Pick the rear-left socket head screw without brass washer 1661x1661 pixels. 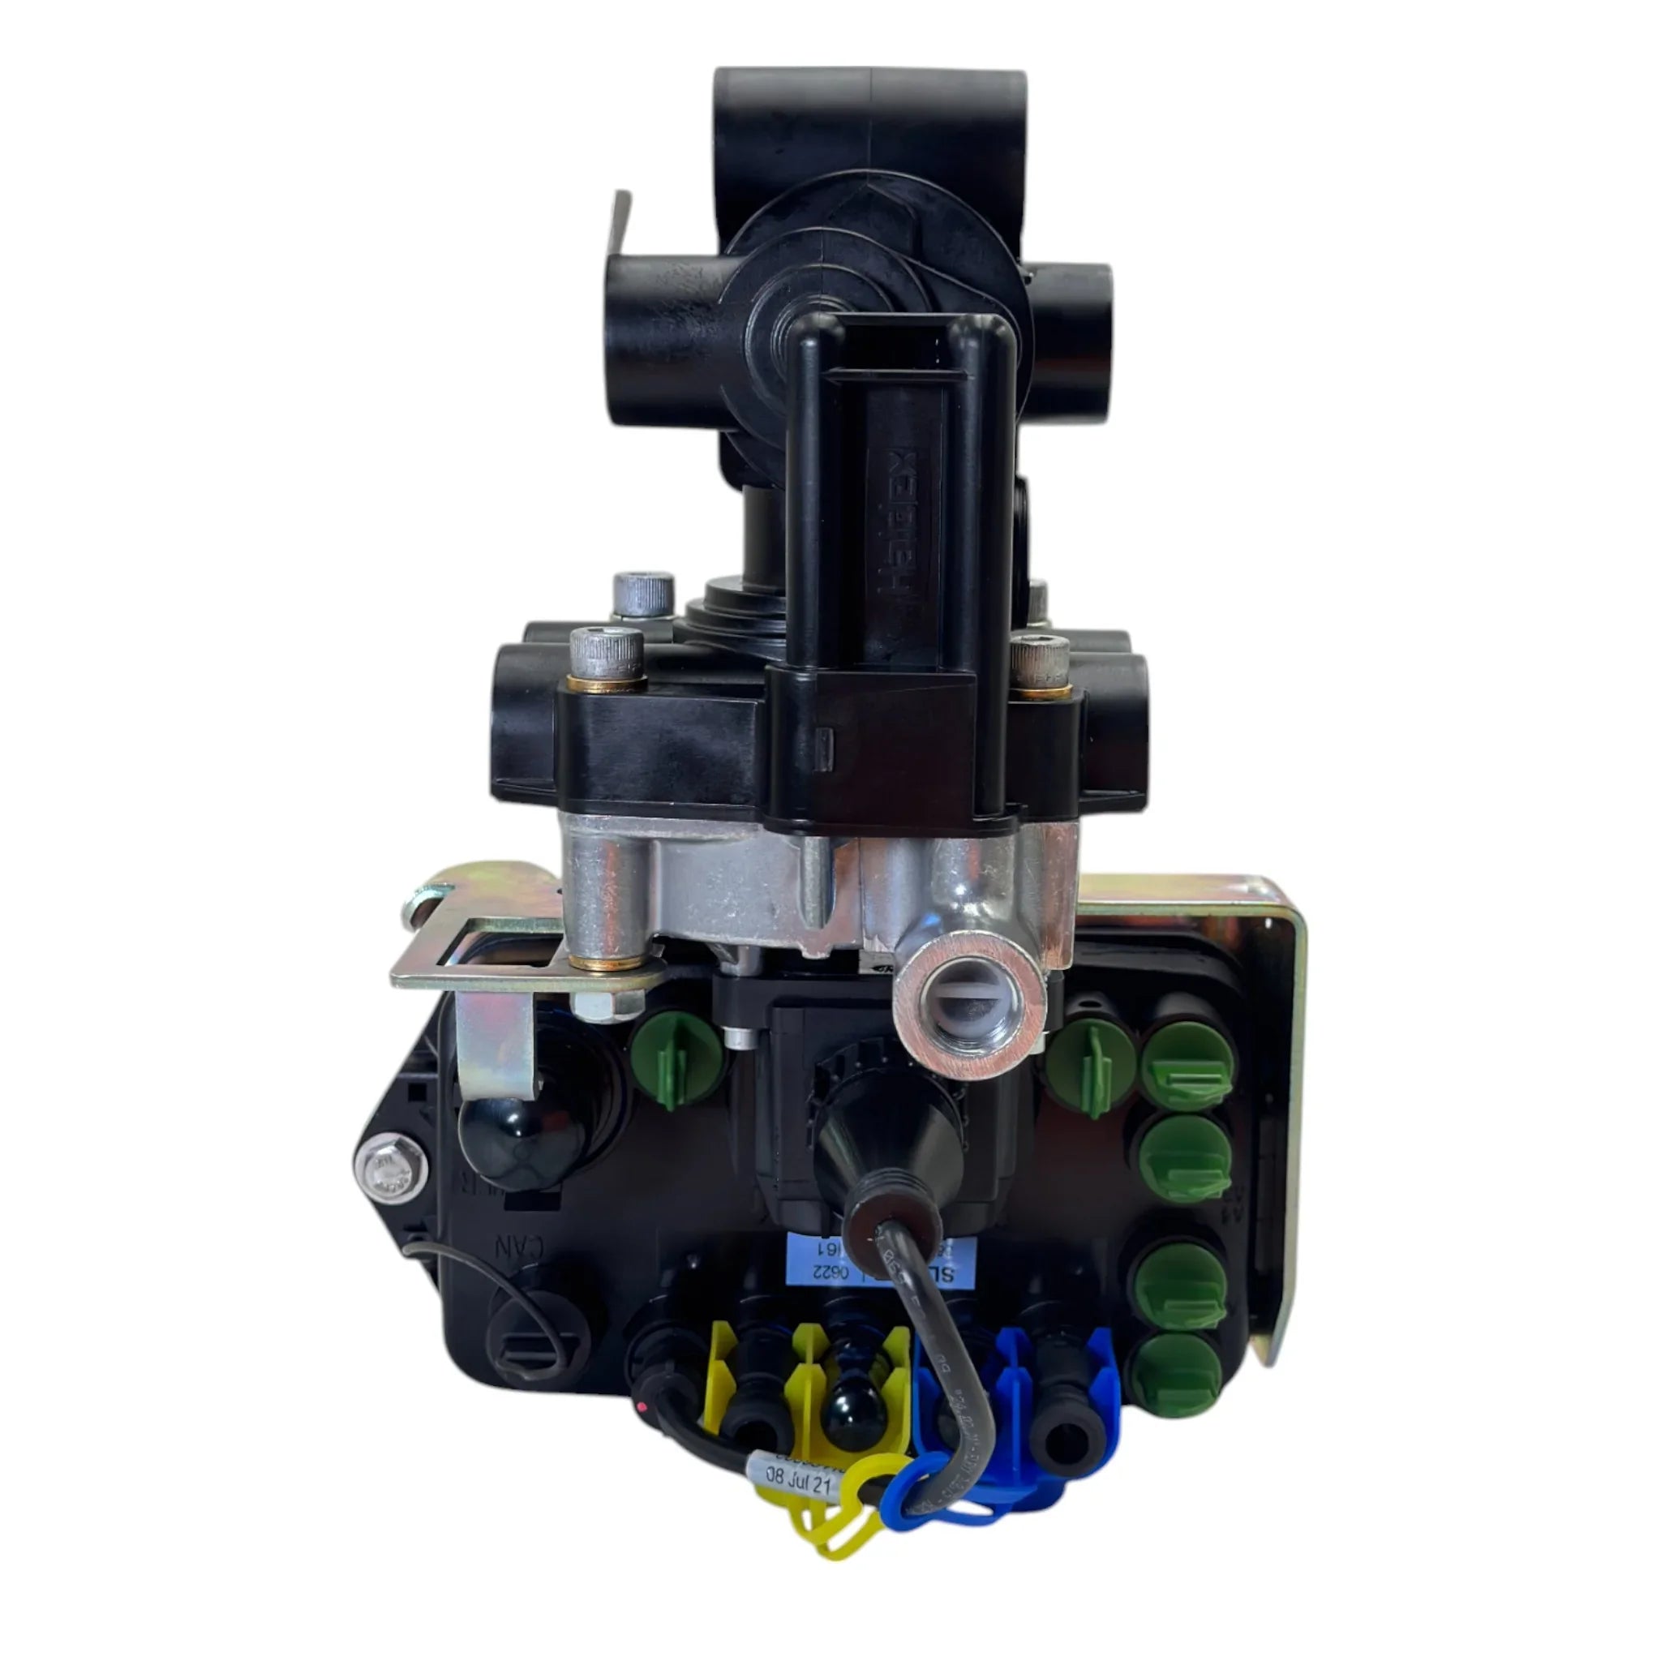tap(643, 596)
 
